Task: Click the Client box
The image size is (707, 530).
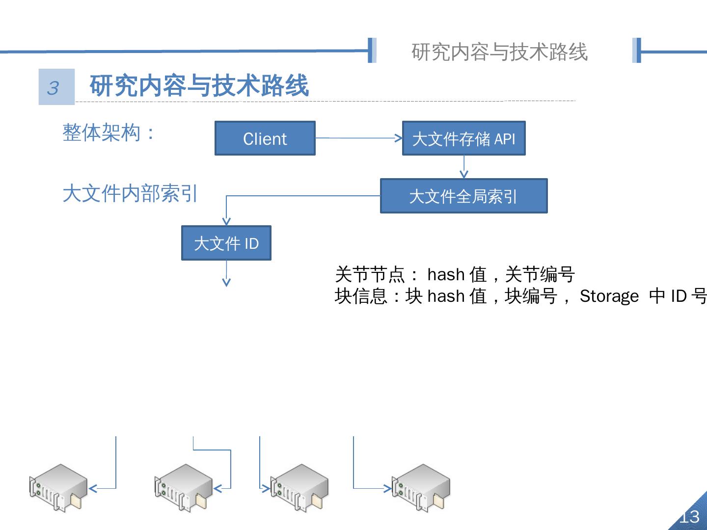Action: (x=265, y=138)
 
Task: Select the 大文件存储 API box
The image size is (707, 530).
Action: (x=463, y=138)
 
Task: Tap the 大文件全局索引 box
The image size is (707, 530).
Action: (x=463, y=196)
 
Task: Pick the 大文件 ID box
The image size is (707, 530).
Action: (x=226, y=243)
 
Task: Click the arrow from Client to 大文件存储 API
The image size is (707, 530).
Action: (x=358, y=138)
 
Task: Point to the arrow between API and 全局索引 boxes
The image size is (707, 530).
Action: (x=464, y=167)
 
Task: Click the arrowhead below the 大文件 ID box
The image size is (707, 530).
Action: (x=226, y=282)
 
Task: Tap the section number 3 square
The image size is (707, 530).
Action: (x=56, y=87)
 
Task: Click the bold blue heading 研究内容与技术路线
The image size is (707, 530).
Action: (x=199, y=86)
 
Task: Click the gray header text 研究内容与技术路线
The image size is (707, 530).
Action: (x=499, y=52)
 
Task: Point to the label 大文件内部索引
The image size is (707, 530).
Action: (x=130, y=193)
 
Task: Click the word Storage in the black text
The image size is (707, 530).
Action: (x=609, y=296)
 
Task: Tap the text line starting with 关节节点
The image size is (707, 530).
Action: (x=455, y=274)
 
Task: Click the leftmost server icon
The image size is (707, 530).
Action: (x=58, y=487)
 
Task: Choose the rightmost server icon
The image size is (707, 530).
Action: (x=421, y=487)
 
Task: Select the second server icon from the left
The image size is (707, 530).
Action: (x=183, y=487)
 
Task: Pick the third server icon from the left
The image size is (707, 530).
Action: (x=299, y=487)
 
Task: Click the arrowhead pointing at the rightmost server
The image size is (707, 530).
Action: (x=387, y=488)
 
